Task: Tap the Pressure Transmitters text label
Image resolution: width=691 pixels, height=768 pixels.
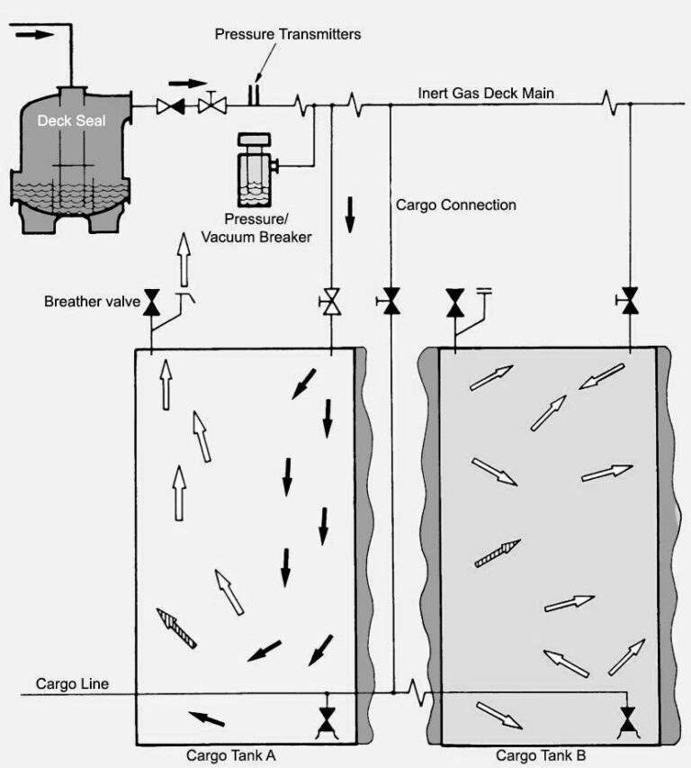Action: (287, 34)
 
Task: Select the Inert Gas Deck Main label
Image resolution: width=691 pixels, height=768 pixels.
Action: (485, 94)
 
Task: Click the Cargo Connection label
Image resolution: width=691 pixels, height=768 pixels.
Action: (456, 205)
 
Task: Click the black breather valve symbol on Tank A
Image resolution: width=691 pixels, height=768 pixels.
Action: (151, 303)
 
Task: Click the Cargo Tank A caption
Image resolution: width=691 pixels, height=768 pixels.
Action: (231, 755)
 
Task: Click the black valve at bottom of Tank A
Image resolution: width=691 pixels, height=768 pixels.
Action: (327, 718)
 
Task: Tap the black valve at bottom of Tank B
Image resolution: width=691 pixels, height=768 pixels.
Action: (628, 718)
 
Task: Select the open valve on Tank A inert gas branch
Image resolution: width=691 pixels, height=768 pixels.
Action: (331, 302)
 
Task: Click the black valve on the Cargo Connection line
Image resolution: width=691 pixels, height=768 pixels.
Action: (390, 301)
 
